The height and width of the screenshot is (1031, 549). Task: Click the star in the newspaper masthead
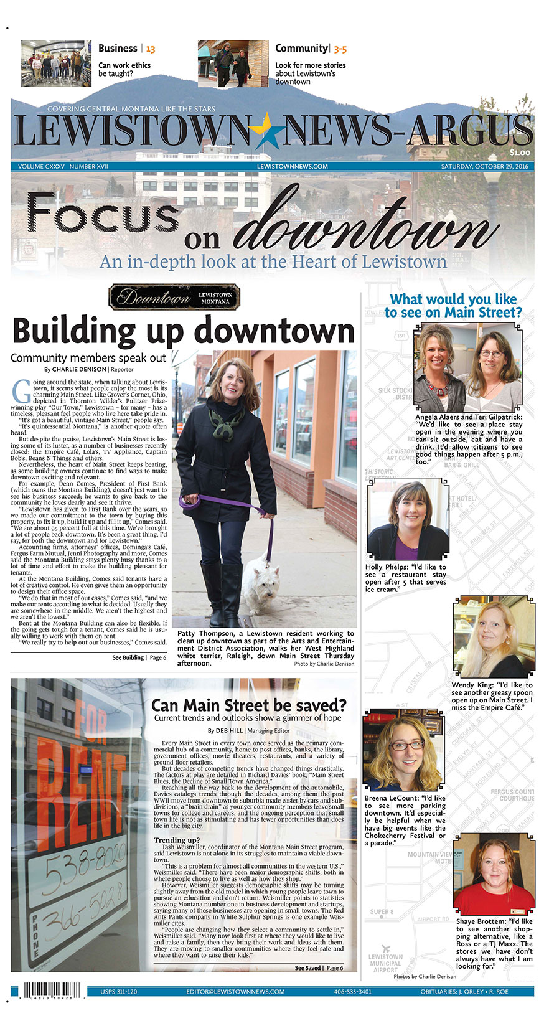(x=266, y=132)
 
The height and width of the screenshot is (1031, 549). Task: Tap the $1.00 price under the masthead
(x=520, y=153)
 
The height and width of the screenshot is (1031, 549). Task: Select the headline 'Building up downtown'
(x=183, y=331)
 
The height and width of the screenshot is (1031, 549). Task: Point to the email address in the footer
(x=235, y=991)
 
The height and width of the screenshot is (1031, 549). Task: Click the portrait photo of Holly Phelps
(x=407, y=520)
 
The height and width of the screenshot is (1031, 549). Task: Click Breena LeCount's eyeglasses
(x=406, y=745)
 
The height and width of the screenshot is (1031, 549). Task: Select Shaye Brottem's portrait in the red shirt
(x=494, y=875)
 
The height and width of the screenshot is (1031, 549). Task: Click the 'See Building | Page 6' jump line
(x=139, y=657)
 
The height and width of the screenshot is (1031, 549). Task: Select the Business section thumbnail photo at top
(x=55, y=63)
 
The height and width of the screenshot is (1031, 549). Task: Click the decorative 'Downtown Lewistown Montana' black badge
(x=174, y=298)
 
